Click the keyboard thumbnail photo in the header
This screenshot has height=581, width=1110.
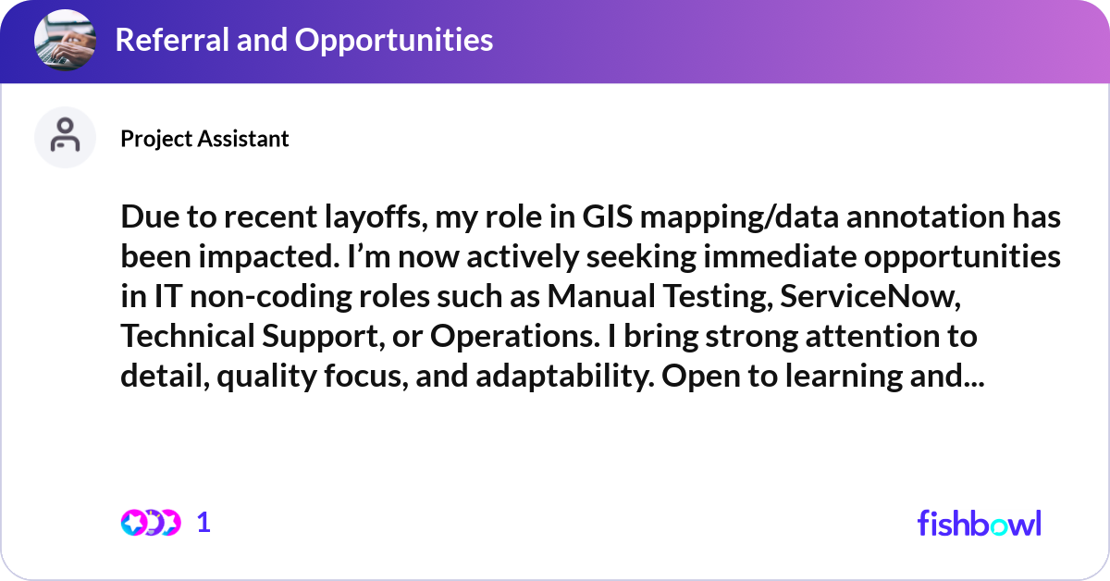[x=65, y=41]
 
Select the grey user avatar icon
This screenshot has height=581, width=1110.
[x=65, y=137]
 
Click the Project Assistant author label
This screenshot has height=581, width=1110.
[x=204, y=139]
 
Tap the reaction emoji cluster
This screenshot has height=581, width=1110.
[x=150, y=523]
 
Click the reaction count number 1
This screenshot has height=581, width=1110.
[x=204, y=523]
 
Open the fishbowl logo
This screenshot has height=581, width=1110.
[x=979, y=523]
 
